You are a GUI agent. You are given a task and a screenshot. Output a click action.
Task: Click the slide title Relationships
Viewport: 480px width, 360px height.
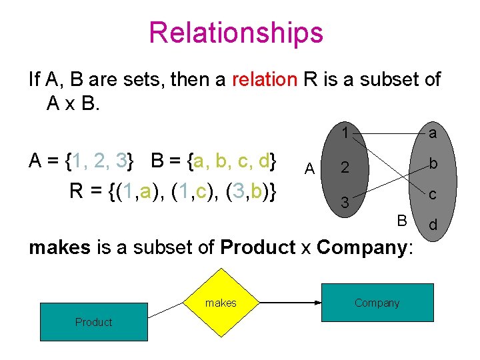[235, 32]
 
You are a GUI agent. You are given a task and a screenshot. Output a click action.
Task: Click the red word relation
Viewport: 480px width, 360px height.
[265, 80]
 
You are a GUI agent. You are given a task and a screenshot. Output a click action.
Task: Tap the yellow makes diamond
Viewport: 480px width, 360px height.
[221, 303]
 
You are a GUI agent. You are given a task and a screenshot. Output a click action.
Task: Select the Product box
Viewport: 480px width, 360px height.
[93, 323]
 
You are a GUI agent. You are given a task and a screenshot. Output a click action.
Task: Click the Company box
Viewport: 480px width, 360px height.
[377, 303]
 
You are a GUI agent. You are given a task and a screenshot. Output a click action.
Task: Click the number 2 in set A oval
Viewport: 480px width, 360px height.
[345, 167]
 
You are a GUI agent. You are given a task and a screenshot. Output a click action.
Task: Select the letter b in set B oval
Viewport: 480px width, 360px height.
[433, 164]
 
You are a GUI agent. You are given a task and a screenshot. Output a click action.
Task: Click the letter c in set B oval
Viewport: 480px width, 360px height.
[433, 194]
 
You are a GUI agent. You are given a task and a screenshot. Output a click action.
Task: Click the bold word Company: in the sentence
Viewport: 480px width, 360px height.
[366, 247]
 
